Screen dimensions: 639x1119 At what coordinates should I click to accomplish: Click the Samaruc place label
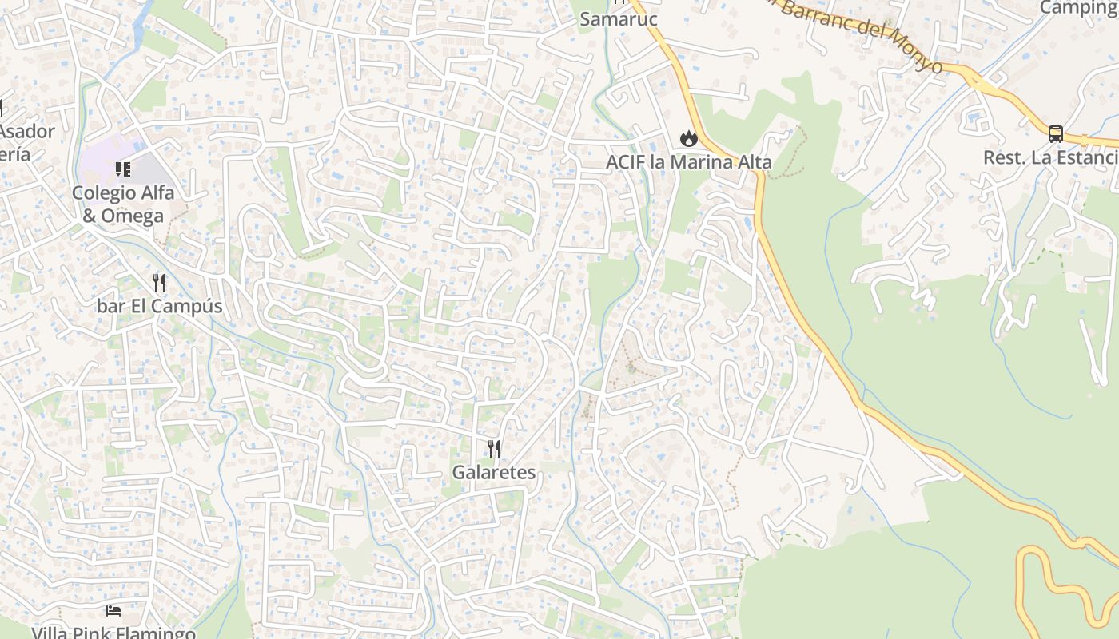[x=618, y=18]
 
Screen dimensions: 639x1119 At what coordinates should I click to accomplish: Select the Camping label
[x=1078, y=8]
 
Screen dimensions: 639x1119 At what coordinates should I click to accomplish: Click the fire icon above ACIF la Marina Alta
[x=688, y=139]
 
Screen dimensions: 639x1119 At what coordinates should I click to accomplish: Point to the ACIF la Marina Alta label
[x=688, y=162]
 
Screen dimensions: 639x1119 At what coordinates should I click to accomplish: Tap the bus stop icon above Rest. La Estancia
[x=1056, y=133]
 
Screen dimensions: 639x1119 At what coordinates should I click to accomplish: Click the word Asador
[x=28, y=132]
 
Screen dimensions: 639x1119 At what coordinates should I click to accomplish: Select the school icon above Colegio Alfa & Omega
[x=123, y=169]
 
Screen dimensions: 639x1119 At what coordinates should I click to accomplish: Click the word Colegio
[x=102, y=192]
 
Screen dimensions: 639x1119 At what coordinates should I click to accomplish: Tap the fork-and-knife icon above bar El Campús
[x=159, y=282]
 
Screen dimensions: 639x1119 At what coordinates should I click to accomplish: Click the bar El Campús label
[x=159, y=306]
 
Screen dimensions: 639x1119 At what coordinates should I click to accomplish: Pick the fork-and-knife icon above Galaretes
[x=494, y=449]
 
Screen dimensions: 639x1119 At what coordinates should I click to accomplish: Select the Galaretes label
[x=494, y=472]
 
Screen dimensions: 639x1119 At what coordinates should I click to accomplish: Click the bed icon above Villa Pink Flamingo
[x=113, y=612]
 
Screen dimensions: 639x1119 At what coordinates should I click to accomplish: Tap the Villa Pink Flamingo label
[x=113, y=633]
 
